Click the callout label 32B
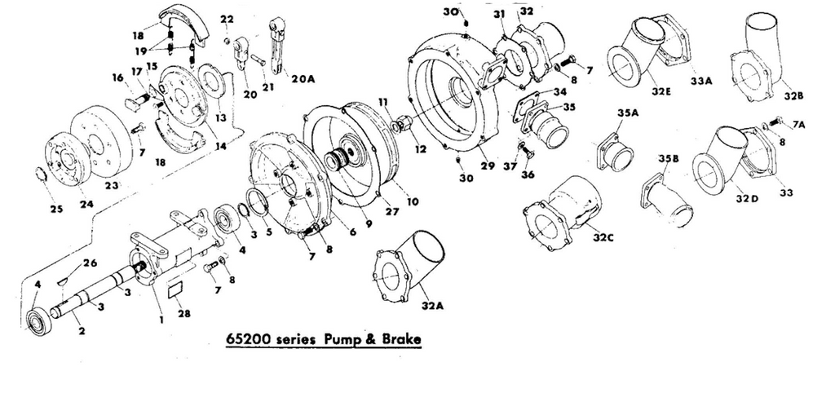point(793,95)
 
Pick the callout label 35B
point(668,158)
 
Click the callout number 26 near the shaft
point(90,263)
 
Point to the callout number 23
point(111,185)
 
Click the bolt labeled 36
point(525,151)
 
